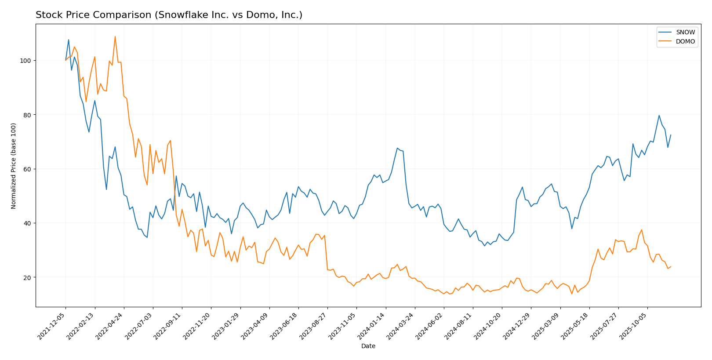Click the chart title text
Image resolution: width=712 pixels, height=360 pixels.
169,15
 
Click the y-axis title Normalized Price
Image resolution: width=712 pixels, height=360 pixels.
14,166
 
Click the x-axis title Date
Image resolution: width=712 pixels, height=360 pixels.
368,346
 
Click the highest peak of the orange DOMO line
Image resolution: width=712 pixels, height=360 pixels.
115,36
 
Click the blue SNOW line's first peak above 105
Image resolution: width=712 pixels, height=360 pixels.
69,40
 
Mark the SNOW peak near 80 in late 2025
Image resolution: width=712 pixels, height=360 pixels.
659,116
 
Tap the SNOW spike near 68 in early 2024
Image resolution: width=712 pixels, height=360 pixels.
397,148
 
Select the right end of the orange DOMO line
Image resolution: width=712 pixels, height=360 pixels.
671,267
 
